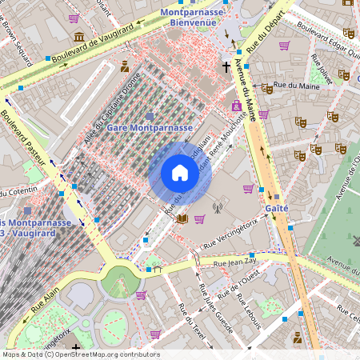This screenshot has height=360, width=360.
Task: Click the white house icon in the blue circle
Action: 180,173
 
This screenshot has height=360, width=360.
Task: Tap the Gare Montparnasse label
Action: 149,128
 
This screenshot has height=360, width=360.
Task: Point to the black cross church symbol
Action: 226,68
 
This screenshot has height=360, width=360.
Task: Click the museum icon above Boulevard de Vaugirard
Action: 79,37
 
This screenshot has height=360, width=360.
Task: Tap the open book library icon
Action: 182,218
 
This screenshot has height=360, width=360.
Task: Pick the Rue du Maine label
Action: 292,85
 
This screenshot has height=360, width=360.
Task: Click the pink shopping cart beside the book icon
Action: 199,218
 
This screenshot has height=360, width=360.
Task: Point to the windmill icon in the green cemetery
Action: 355,241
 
